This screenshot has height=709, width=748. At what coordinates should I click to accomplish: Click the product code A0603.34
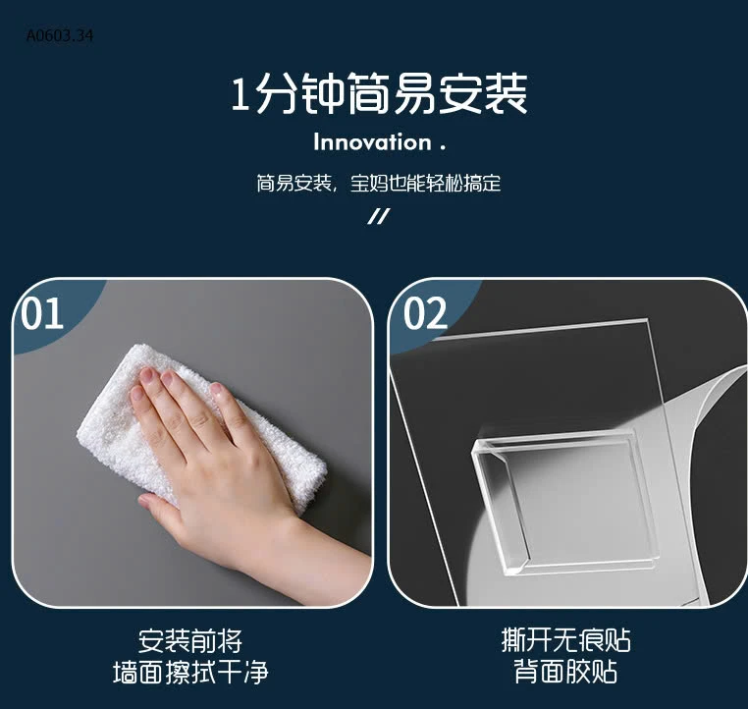(61, 36)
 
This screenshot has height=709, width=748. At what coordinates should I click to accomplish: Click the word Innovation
(372, 142)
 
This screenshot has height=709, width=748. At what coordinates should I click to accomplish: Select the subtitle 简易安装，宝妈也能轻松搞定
(378, 184)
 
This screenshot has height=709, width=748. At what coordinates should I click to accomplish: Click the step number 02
(425, 314)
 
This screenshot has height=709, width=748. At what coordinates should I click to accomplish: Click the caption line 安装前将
(190, 642)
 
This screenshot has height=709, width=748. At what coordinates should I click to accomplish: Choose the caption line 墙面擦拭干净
(190, 674)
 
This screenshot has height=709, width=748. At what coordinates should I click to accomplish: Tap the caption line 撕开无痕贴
(565, 642)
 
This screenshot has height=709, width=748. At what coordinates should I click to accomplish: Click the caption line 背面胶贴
(565, 674)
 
